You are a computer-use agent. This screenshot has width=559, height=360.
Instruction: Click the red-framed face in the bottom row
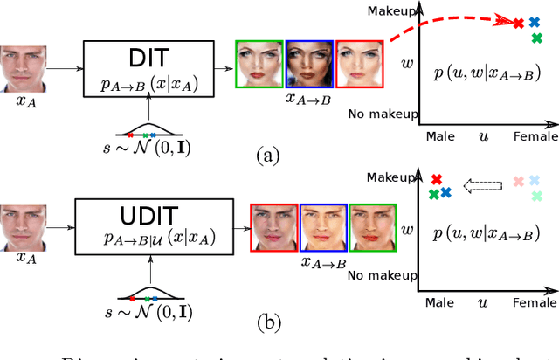(274, 227)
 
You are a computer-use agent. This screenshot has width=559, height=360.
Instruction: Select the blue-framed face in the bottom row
(323, 227)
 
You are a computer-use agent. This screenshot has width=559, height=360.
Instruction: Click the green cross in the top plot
(536, 38)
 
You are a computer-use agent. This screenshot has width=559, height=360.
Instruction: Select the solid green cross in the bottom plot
(434, 194)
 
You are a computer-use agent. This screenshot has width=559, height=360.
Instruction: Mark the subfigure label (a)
(266, 156)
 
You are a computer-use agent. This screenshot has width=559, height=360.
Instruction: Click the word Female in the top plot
(535, 136)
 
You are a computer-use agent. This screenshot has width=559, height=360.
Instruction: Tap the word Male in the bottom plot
(440, 301)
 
